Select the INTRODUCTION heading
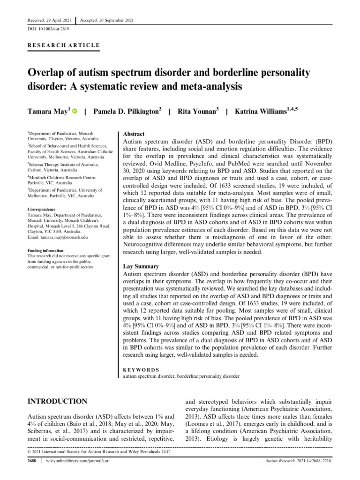[x=58, y=401]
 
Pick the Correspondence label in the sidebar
[x=44, y=209]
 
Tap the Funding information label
[x=48, y=251]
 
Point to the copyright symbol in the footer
[x=30, y=452]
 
